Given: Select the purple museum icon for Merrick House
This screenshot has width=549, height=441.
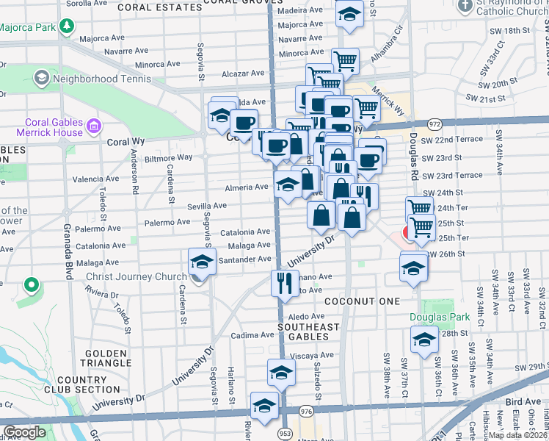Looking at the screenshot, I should coord(93,127).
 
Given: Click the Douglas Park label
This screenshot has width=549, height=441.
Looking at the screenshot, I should coord(444,317).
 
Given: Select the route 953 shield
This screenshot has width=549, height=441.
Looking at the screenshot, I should coord(285,434).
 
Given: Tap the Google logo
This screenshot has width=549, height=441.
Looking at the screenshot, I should coord(24,432).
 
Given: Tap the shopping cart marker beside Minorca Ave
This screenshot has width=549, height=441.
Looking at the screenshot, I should coord(345,60).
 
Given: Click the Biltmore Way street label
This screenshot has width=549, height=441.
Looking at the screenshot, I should coord(169,157).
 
